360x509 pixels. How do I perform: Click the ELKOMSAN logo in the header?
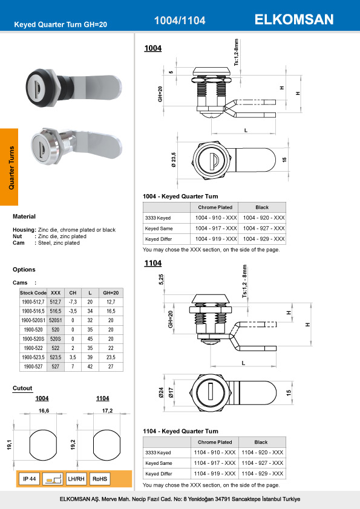[294, 19]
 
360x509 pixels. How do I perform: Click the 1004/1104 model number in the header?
[180, 21]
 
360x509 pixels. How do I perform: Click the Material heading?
[24, 216]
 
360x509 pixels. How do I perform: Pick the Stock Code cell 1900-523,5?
[34, 357]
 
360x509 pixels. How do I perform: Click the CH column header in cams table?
[73, 292]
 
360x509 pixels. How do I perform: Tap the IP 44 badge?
[30, 479]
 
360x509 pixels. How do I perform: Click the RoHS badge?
[100, 479]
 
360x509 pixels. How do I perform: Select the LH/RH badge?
[77, 479]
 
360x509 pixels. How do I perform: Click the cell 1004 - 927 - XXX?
[263, 229]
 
